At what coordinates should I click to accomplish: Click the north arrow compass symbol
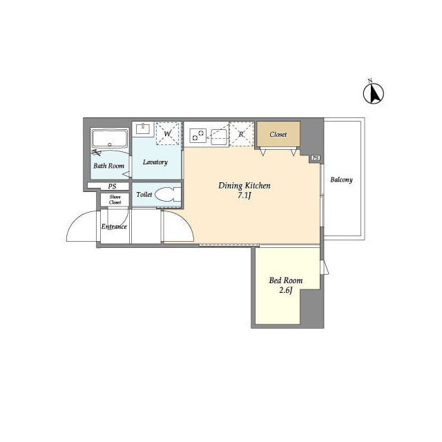click(x=373, y=93)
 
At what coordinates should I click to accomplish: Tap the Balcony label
click(x=341, y=180)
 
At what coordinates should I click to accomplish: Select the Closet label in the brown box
click(x=278, y=135)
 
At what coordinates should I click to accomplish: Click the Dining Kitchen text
click(x=244, y=186)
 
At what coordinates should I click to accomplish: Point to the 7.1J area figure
click(x=244, y=195)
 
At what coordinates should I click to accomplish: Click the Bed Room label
click(x=286, y=280)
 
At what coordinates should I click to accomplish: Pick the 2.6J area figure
click(x=286, y=290)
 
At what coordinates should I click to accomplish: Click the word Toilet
click(x=144, y=195)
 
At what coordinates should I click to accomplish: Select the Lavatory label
click(x=155, y=162)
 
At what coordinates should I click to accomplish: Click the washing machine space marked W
click(x=167, y=133)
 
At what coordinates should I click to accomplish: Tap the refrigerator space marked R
click(x=241, y=134)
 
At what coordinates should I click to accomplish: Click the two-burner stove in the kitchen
click(x=198, y=135)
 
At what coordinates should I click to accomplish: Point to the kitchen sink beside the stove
click(x=219, y=137)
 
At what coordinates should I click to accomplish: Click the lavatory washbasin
click(x=143, y=129)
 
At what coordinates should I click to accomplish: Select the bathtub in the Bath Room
click(x=110, y=139)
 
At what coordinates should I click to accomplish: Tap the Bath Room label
click(x=109, y=166)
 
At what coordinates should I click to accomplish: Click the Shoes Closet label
click(x=115, y=200)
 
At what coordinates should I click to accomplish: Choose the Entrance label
click(x=114, y=227)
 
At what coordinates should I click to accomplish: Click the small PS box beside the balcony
click(x=316, y=158)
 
